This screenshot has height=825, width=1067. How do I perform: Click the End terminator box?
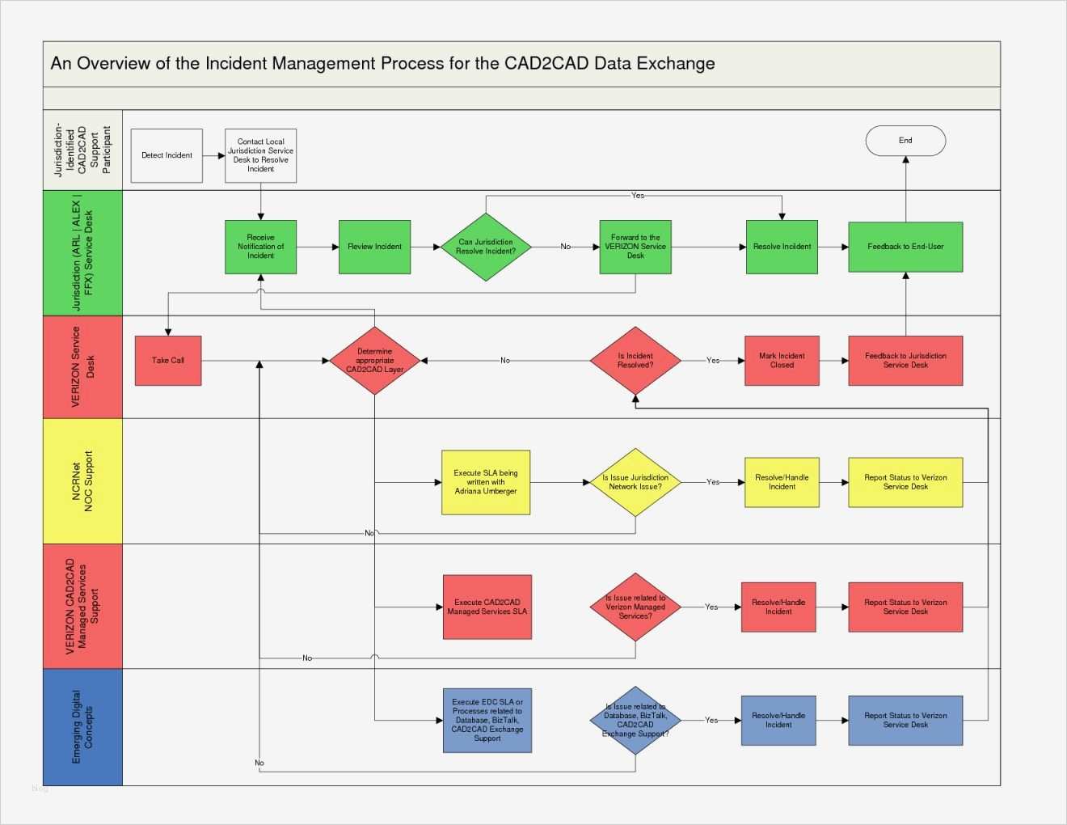pos(905,141)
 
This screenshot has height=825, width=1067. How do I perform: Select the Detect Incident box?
pos(167,155)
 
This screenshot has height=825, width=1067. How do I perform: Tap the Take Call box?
pos(168,361)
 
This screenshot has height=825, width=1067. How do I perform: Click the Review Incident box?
pos(374,247)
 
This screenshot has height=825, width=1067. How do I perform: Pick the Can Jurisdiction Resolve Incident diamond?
pos(486,247)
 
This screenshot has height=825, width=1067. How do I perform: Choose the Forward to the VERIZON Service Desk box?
pos(635,247)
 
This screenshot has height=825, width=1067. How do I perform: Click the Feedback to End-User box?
pos(905,247)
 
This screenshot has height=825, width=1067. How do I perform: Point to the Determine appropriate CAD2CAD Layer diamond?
pos(374,361)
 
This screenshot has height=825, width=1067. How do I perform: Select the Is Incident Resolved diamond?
pos(635,361)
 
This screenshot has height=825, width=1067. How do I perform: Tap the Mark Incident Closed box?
pos(782,361)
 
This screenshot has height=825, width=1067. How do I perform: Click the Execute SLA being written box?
pos(486,482)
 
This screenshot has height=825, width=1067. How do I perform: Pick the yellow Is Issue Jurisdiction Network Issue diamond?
pos(635,482)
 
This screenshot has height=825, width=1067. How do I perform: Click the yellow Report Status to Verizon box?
pos(905,482)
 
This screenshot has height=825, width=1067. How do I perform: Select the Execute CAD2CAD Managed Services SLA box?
pos(487,607)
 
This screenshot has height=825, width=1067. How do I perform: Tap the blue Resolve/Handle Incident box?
pos(778,720)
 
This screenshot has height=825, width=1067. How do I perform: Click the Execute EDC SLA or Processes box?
pos(487,720)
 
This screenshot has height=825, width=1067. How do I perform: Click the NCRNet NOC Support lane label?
pos(82,481)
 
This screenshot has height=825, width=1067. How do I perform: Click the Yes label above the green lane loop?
pos(638,196)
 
